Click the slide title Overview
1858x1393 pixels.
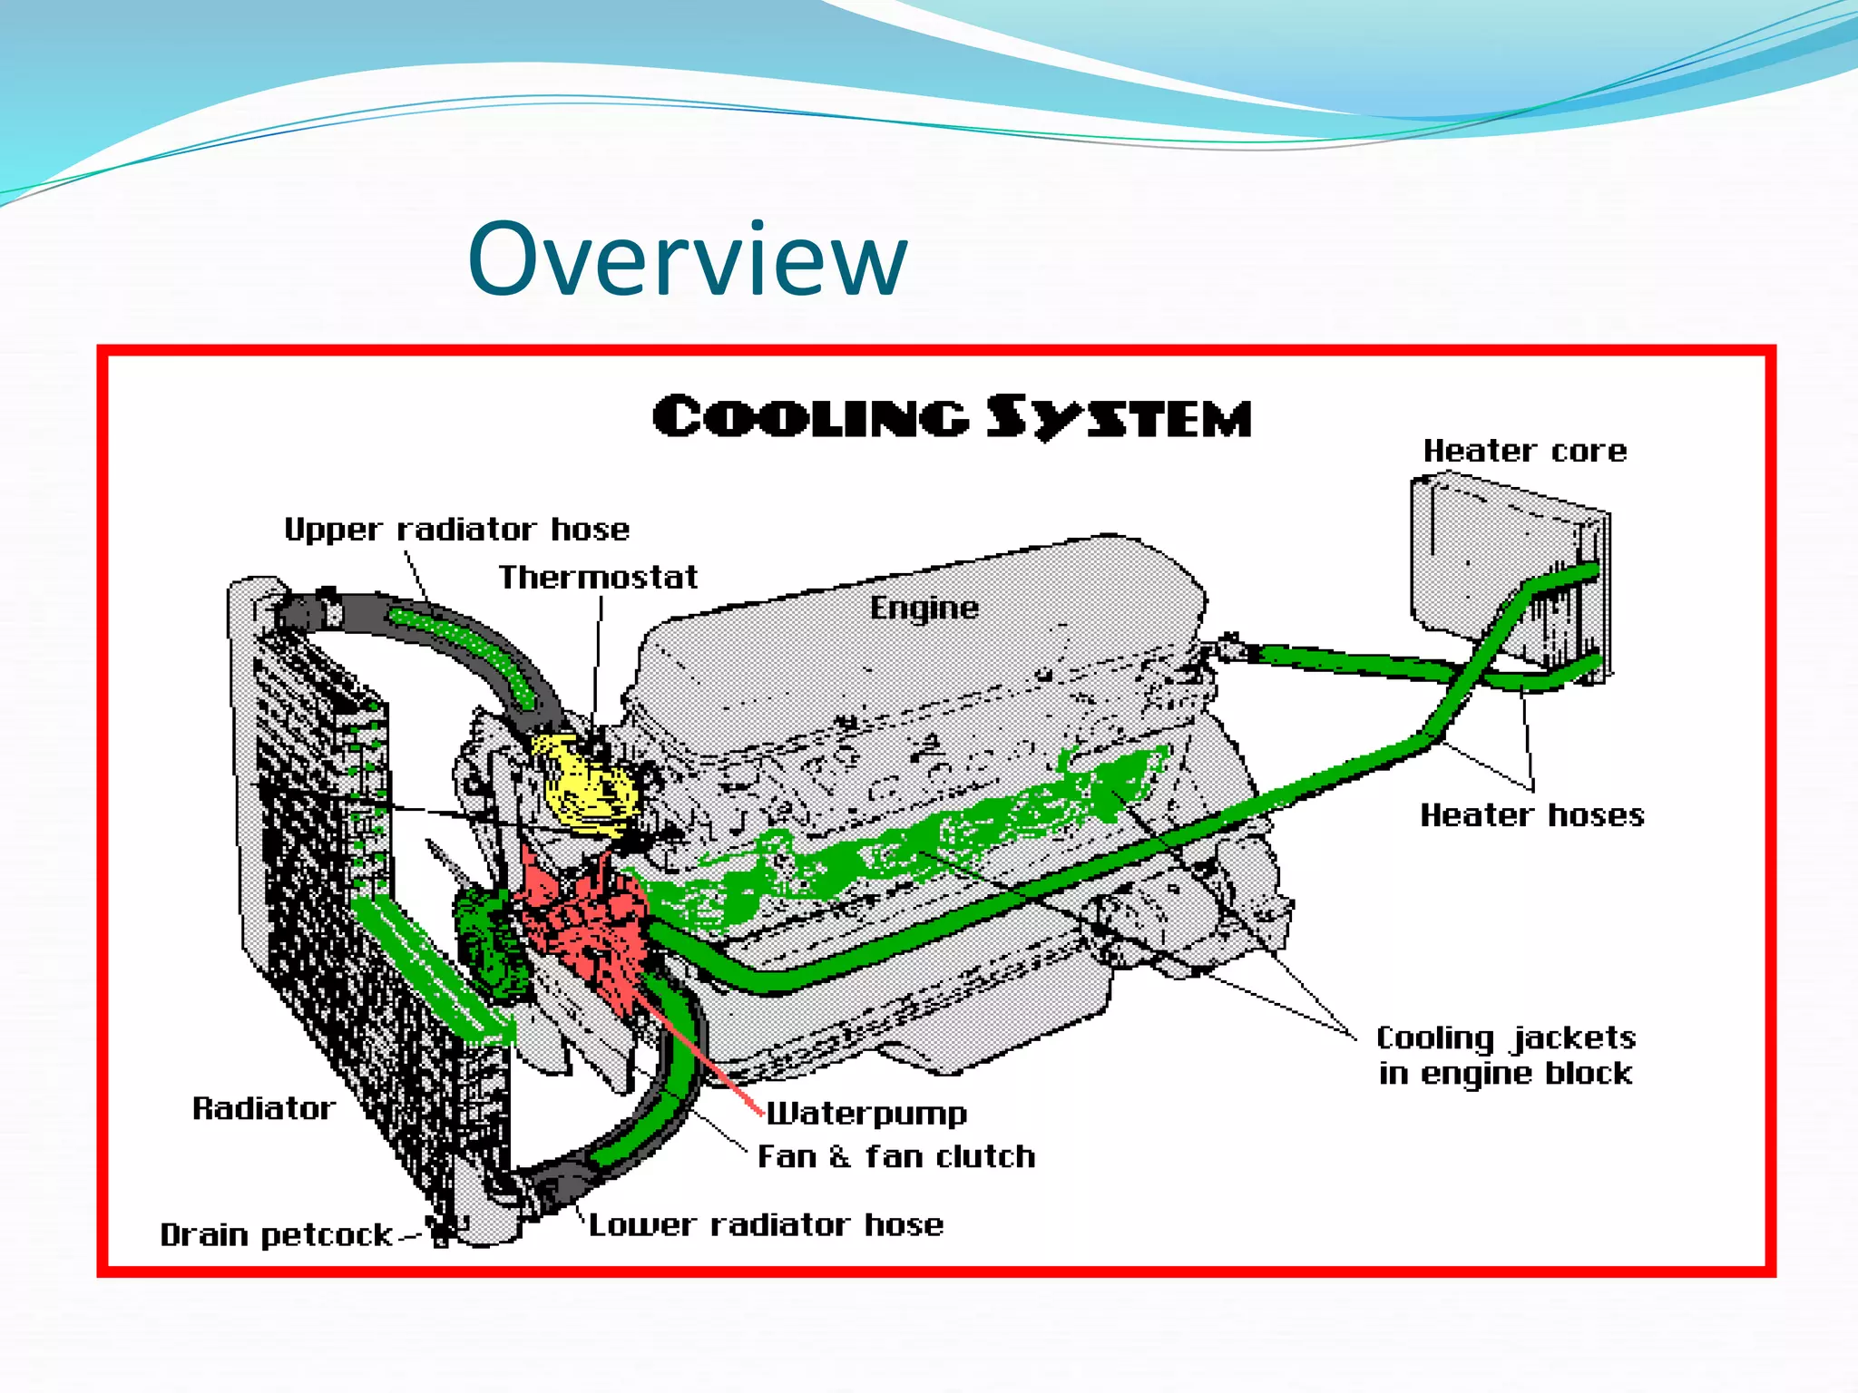687,260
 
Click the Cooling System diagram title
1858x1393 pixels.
952,418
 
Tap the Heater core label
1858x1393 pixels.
1524,451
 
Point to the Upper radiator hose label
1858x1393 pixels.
456,530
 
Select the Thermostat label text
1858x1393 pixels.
598,578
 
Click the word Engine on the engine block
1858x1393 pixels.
924,608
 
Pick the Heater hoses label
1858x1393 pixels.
1531,815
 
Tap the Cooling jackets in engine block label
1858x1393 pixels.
1506,1056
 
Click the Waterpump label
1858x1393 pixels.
866,1114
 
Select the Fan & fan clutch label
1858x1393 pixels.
896,1157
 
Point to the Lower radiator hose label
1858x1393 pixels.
766,1225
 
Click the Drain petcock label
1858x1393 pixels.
276,1235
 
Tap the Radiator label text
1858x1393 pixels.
263,1108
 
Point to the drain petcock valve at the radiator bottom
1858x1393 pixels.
442,1233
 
